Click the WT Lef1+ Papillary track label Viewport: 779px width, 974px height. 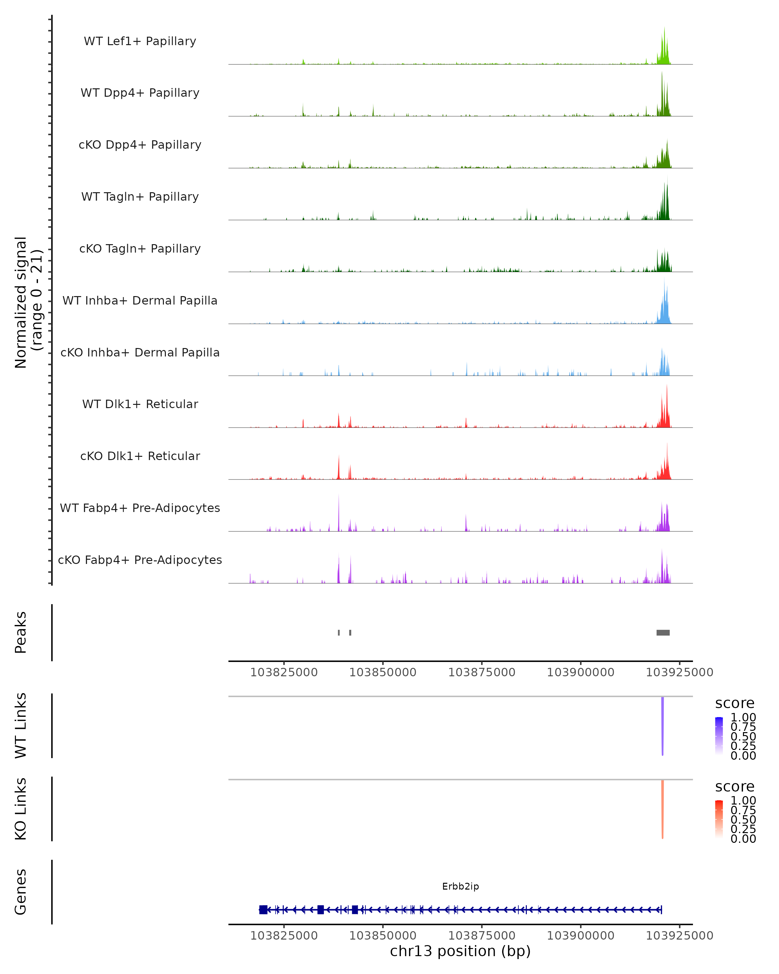(140, 41)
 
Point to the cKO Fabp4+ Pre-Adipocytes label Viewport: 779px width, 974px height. (140, 560)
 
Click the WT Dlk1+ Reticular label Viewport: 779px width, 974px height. (140, 404)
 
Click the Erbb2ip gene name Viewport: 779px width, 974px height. (460, 886)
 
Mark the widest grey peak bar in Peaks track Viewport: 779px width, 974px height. (663, 632)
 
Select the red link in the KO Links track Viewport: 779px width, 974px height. (662, 809)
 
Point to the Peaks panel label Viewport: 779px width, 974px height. (21, 632)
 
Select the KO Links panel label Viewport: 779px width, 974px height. (21, 809)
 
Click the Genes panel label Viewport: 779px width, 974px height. (21, 892)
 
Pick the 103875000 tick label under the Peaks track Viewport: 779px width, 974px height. (481, 672)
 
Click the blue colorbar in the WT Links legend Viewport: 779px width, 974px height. (719, 735)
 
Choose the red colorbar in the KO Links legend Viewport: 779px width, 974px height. (719, 818)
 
